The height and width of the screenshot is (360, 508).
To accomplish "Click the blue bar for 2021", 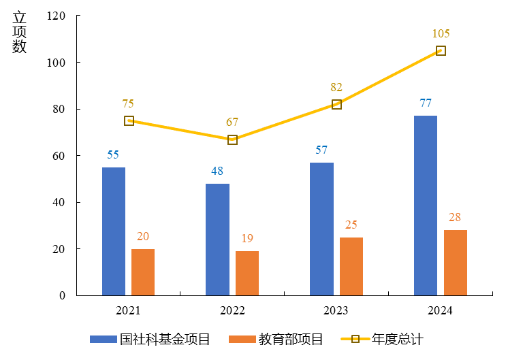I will point(114,231).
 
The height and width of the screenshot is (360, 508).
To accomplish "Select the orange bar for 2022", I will point(247,273).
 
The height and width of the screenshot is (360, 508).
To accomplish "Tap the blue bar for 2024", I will point(426,206).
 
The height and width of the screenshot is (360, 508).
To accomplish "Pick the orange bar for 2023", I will point(351,266).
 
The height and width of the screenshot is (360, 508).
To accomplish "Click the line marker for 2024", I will point(441,51).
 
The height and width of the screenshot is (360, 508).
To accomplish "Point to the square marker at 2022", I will point(232,140).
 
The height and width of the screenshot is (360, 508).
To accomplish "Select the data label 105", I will point(441,33).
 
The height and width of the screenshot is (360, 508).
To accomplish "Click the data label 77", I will point(426,103).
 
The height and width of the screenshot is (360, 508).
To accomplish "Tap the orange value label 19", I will point(247,238).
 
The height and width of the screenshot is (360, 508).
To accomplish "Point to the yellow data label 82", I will point(336,87).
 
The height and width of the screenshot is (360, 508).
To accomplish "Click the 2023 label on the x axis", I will point(336,310).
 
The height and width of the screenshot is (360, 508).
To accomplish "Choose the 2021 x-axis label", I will point(128,310).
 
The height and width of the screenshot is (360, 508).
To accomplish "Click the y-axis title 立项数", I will point(19,33).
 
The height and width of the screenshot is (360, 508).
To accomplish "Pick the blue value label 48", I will point(217,171).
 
